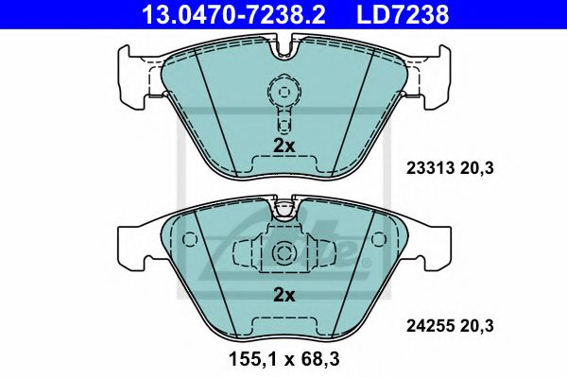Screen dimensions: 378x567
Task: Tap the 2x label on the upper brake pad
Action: [x=284, y=146]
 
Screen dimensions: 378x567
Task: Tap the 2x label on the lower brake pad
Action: [x=284, y=295]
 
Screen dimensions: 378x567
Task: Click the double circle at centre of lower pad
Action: [x=283, y=252]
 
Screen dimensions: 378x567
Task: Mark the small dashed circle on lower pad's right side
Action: [x=378, y=240]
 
